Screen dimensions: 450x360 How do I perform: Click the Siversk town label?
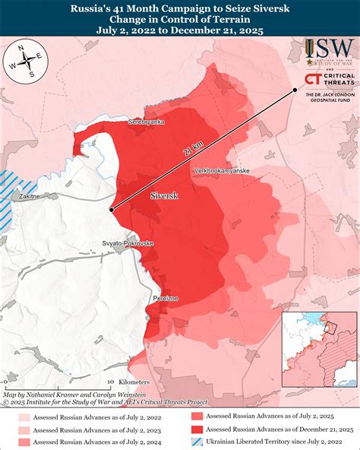point(165,196)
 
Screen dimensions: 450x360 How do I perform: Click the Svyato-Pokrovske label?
point(128,242)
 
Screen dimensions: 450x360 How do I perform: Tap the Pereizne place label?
point(166,299)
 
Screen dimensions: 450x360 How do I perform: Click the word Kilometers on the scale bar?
point(134,381)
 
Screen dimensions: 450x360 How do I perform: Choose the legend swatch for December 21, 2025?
point(196,429)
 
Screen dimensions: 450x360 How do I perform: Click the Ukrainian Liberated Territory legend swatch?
point(196,442)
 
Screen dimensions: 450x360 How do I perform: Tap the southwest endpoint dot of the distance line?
point(111,209)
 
